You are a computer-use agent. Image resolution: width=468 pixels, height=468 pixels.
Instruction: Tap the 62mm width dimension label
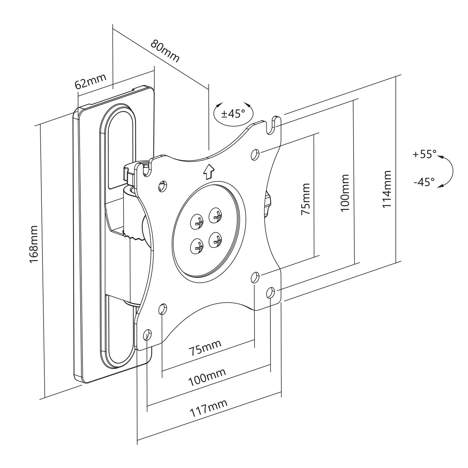pyautogui.click(x=90, y=81)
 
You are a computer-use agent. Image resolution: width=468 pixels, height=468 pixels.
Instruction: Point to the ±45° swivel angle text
pyautogui.click(x=233, y=114)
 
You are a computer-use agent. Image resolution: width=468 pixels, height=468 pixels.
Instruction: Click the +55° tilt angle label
pyautogui.click(x=424, y=154)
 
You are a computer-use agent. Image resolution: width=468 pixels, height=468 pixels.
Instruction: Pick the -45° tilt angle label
pyautogui.click(x=424, y=182)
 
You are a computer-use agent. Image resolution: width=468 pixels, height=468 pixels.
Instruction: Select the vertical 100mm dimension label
pyautogui.click(x=345, y=193)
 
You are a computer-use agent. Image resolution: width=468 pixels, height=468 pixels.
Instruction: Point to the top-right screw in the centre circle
pyautogui.click(x=216, y=215)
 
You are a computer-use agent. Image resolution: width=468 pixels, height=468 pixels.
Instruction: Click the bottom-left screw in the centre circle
pyautogui.click(x=197, y=246)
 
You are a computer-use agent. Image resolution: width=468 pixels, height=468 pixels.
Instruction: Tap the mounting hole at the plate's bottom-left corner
pyautogui.click(x=147, y=335)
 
